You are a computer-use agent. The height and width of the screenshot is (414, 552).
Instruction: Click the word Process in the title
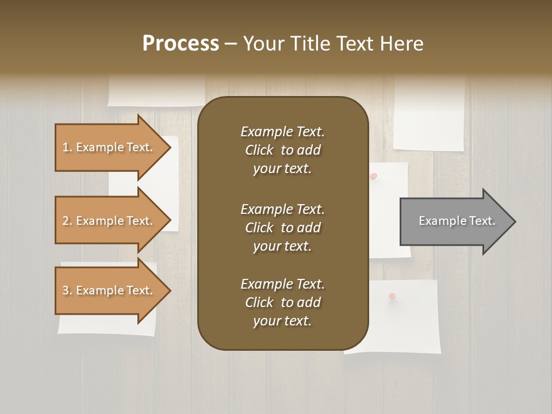click(x=181, y=44)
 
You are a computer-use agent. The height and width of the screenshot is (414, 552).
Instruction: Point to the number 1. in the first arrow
click(x=67, y=147)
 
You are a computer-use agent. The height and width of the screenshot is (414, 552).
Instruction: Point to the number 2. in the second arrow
click(x=67, y=221)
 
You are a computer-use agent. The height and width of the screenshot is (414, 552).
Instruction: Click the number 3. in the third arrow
click(x=67, y=290)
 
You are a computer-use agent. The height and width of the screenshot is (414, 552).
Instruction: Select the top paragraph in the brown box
click(x=282, y=150)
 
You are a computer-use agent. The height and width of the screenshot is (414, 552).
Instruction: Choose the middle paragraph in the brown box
click(x=282, y=228)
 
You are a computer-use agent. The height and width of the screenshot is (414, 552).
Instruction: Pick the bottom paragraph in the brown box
click(x=282, y=302)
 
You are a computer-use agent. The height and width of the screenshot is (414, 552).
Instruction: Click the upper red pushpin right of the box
click(x=374, y=176)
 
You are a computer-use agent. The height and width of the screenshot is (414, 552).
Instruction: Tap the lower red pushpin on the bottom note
click(x=392, y=296)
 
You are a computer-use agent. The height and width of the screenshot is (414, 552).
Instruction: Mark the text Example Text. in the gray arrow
click(x=457, y=221)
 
